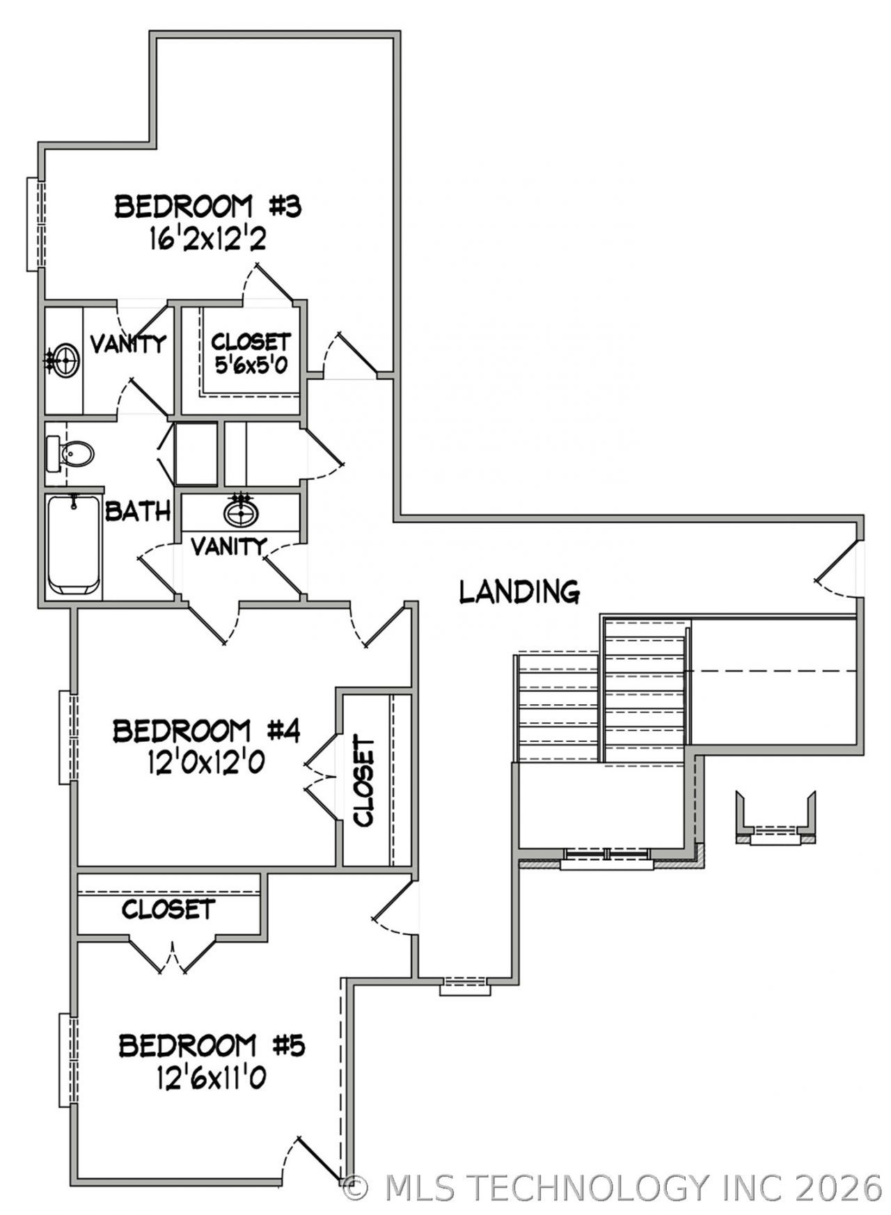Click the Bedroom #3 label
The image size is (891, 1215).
point(208,207)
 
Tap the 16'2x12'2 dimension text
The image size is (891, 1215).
point(208,240)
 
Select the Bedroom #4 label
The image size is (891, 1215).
point(207,731)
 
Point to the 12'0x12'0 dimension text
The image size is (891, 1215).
point(206,764)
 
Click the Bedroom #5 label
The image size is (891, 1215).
point(212,1046)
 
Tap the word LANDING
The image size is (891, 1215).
point(520,591)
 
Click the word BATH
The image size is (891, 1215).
point(138,512)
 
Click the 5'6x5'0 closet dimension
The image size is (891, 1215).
point(251,365)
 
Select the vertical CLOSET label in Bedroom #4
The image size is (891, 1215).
point(364,781)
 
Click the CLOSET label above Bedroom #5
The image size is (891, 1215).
point(168,909)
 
